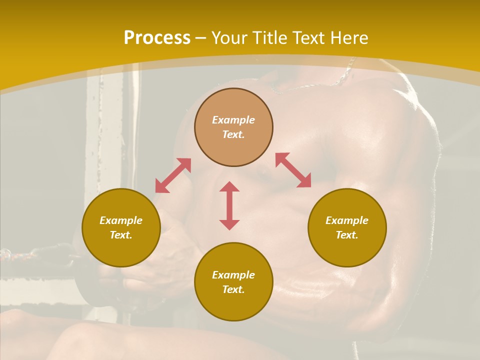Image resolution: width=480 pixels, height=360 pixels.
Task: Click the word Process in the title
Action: tap(157, 38)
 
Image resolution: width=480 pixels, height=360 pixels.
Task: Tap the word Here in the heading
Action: tap(348, 38)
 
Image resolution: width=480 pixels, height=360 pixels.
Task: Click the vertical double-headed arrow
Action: tap(229, 205)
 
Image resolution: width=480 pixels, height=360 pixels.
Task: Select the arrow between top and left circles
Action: tap(173, 175)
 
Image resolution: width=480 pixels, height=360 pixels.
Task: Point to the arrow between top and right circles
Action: tap(293, 170)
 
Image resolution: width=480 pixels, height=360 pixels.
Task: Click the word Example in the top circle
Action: tap(233, 120)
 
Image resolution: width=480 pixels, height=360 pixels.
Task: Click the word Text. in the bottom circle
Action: tap(233, 289)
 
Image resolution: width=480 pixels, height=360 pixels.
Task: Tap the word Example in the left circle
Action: tap(121, 220)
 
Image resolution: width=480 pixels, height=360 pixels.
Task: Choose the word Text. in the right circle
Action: tap(347, 235)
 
